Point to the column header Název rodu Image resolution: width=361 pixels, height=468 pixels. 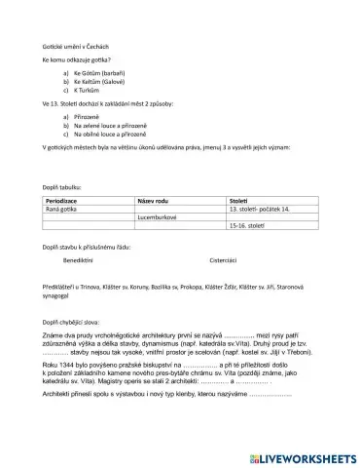(156, 200)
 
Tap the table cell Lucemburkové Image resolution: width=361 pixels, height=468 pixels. (156, 217)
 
